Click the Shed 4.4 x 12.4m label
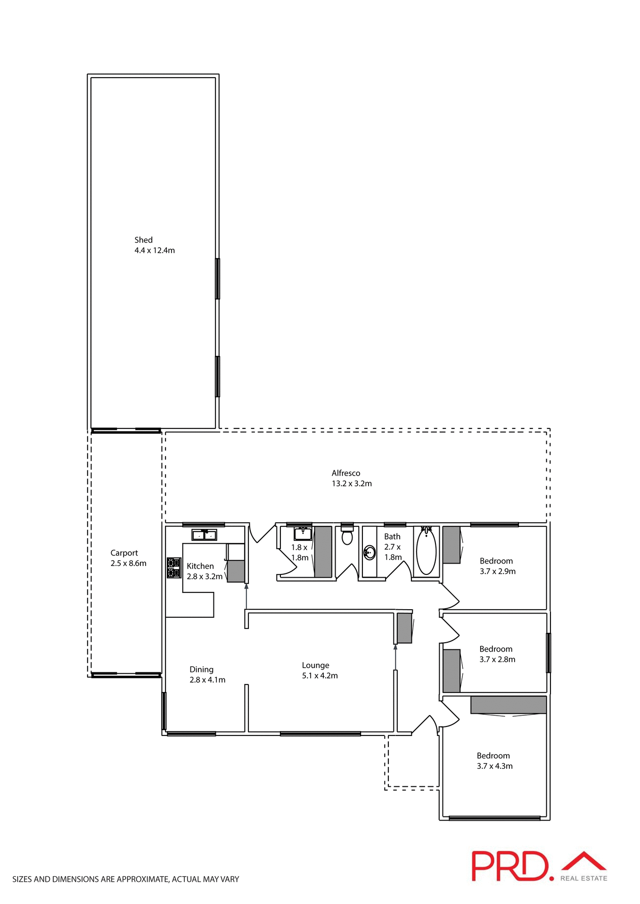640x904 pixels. point(154,245)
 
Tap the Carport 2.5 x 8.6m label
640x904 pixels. point(128,558)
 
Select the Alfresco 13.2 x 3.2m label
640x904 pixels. point(352,478)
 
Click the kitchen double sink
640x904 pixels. point(204,535)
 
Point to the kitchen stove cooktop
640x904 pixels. point(173,568)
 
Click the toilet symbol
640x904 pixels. point(347,535)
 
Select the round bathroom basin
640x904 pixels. point(370,552)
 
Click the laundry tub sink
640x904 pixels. point(303,534)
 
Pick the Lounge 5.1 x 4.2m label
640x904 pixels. point(320,670)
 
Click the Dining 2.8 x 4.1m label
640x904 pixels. point(207,675)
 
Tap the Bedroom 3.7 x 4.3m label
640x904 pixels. point(494,761)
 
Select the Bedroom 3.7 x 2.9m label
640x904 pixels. point(497,566)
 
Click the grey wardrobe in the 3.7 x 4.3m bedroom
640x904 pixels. point(508,705)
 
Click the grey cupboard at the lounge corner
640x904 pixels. point(404,628)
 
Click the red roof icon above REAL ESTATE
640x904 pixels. point(584,861)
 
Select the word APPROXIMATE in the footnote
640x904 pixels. point(142,879)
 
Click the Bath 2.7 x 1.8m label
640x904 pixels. point(393,547)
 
